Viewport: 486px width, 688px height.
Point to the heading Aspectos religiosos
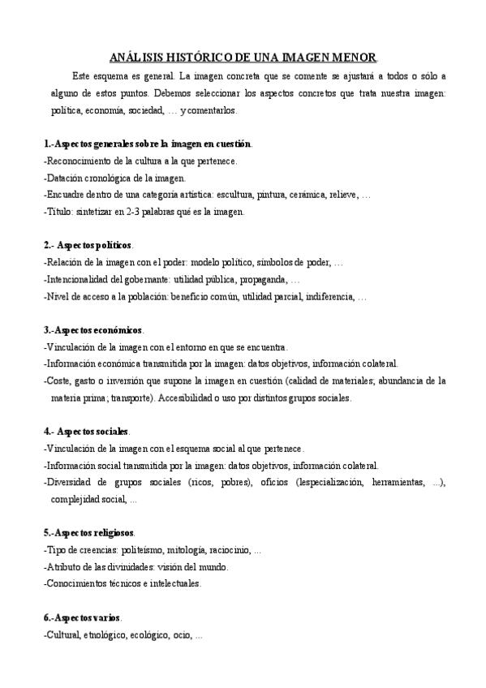(x=94, y=532)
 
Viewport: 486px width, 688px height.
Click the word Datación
(x=65, y=178)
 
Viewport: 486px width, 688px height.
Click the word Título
(x=61, y=212)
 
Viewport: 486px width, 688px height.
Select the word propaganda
(x=260, y=280)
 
